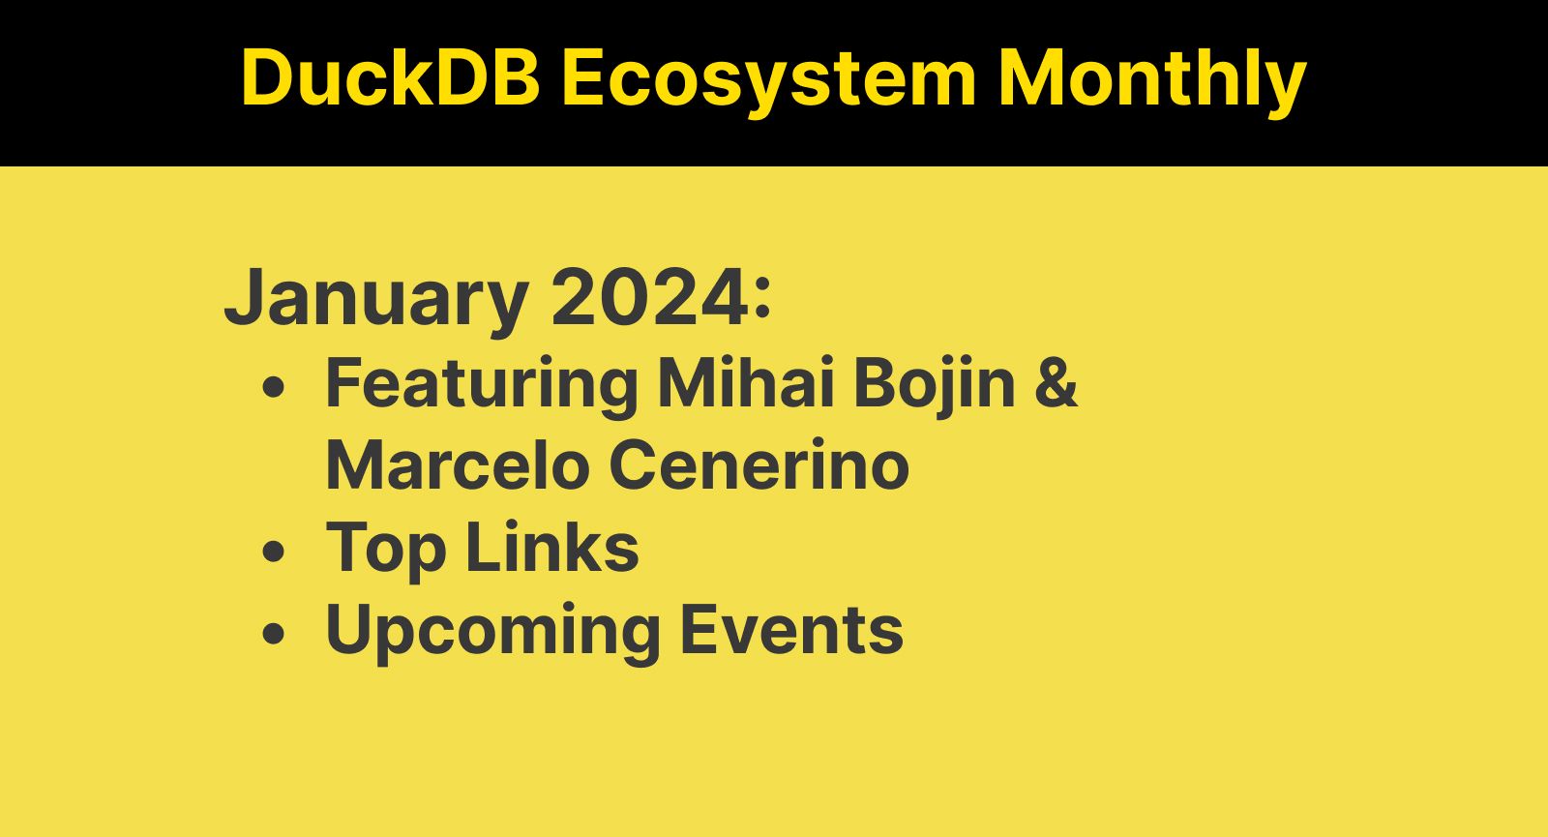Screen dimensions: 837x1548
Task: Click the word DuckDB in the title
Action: point(390,77)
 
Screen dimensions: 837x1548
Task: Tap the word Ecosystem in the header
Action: point(769,77)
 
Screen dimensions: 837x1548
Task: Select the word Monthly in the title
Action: point(1152,77)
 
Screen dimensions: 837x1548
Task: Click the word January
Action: point(376,297)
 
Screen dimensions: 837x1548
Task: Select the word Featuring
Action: point(482,384)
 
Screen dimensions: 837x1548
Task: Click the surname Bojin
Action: point(935,384)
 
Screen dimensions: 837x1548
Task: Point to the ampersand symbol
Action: point(1056,383)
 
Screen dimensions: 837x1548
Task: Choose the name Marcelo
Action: point(458,465)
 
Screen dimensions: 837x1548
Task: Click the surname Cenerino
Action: point(759,465)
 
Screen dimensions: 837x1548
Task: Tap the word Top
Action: point(386,549)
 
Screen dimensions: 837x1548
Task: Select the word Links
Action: point(552,548)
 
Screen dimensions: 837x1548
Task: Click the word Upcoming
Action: point(492,631)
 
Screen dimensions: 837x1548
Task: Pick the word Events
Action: point(791,630)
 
